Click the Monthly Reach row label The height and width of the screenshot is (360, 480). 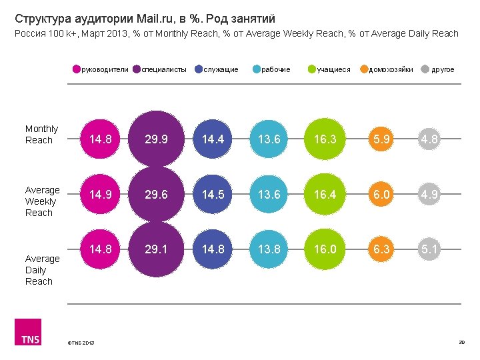(x=41, y=135)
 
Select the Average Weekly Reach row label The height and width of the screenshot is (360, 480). (x=42, y=201)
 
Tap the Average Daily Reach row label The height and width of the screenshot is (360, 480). (x=42, y=270)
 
